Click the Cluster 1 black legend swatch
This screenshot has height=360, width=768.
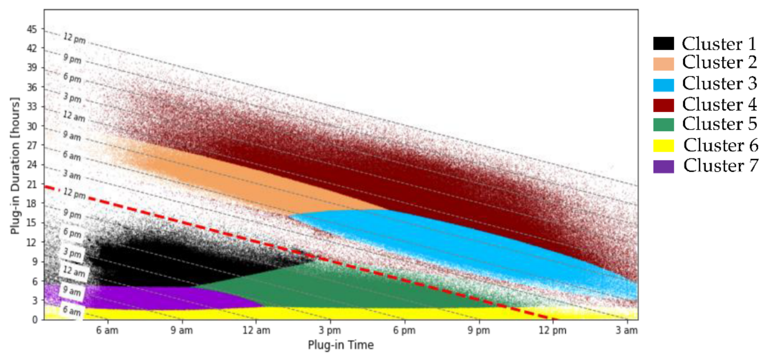click(663, 43)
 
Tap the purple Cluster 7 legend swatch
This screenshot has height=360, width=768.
click(663, 166)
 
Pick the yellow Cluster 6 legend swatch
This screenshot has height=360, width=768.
click(663, 146)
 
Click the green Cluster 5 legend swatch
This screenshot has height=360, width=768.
click(663, 125)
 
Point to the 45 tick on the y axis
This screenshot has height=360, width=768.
click(32, 29)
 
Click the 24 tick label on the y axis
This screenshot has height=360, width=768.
click(32, 165)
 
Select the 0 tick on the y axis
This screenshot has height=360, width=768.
click(35, 320)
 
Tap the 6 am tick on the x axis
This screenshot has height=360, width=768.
click(107, 330)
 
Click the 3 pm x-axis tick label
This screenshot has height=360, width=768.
click(330, 330)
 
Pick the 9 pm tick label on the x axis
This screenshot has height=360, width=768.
click(478, 330)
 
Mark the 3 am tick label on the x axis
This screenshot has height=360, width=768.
click(627, 330)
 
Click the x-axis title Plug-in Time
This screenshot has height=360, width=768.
click(341, 345)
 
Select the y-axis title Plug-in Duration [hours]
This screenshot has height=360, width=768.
click(15, 166)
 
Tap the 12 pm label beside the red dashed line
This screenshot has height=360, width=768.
click(75, 193)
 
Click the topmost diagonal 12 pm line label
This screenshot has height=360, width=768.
click(75, 38)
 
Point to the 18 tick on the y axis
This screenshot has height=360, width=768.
click(32, 204)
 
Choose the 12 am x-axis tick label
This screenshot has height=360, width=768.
click(256, 330)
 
